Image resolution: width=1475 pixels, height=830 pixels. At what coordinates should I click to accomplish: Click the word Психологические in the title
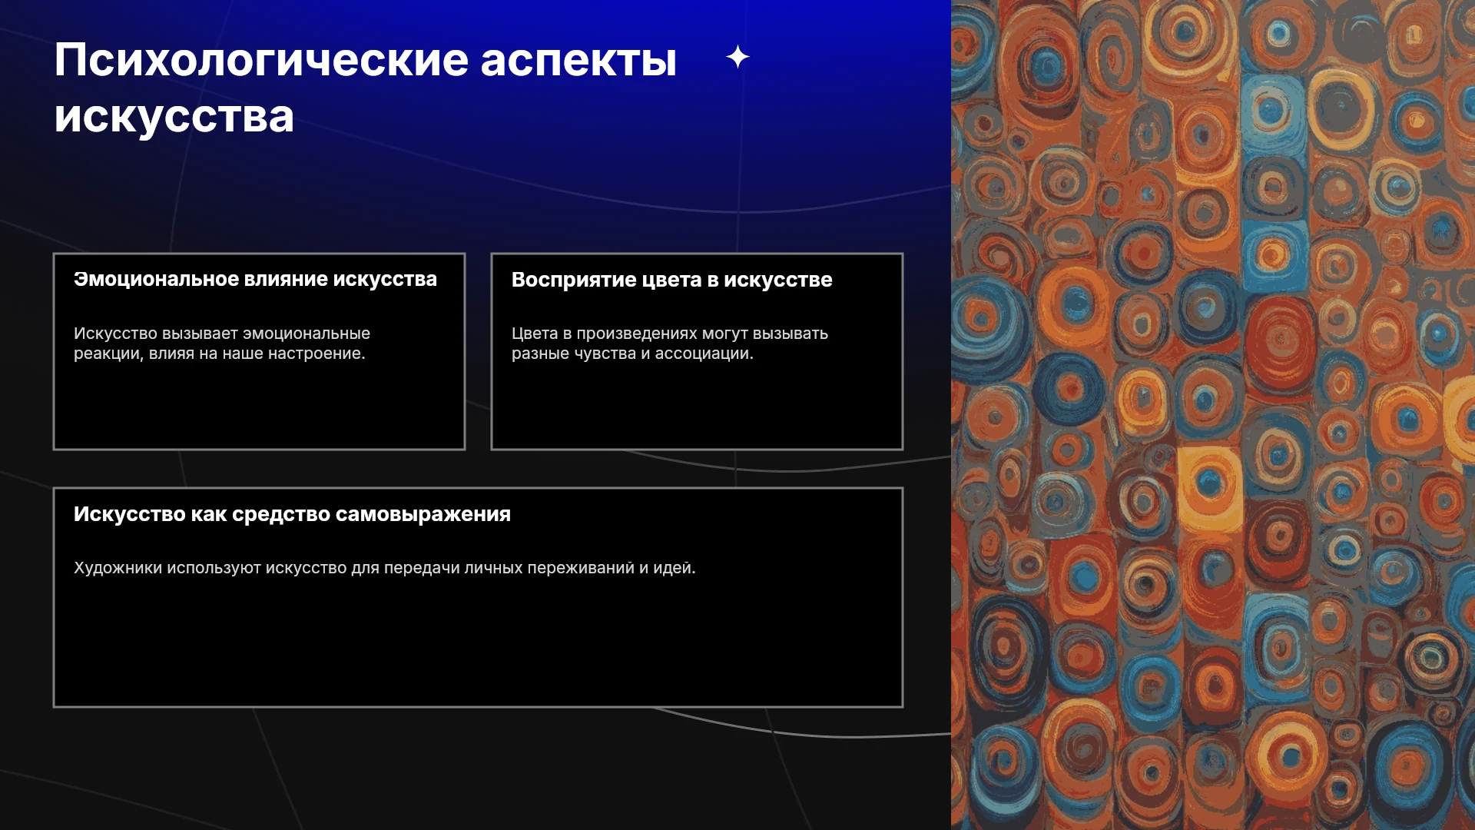(x=261, y=60)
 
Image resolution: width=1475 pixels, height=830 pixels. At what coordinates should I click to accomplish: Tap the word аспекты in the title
(x=578, y=60)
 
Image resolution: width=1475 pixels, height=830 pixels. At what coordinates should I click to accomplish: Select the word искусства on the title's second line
(x=174, y=117)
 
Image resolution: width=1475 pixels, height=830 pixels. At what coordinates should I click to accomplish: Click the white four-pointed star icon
(x=737, y=57)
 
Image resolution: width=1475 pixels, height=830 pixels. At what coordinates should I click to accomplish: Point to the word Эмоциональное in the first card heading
(x=156, y=279)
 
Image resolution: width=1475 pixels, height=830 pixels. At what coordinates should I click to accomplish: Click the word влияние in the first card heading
(x=286, y=279)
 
